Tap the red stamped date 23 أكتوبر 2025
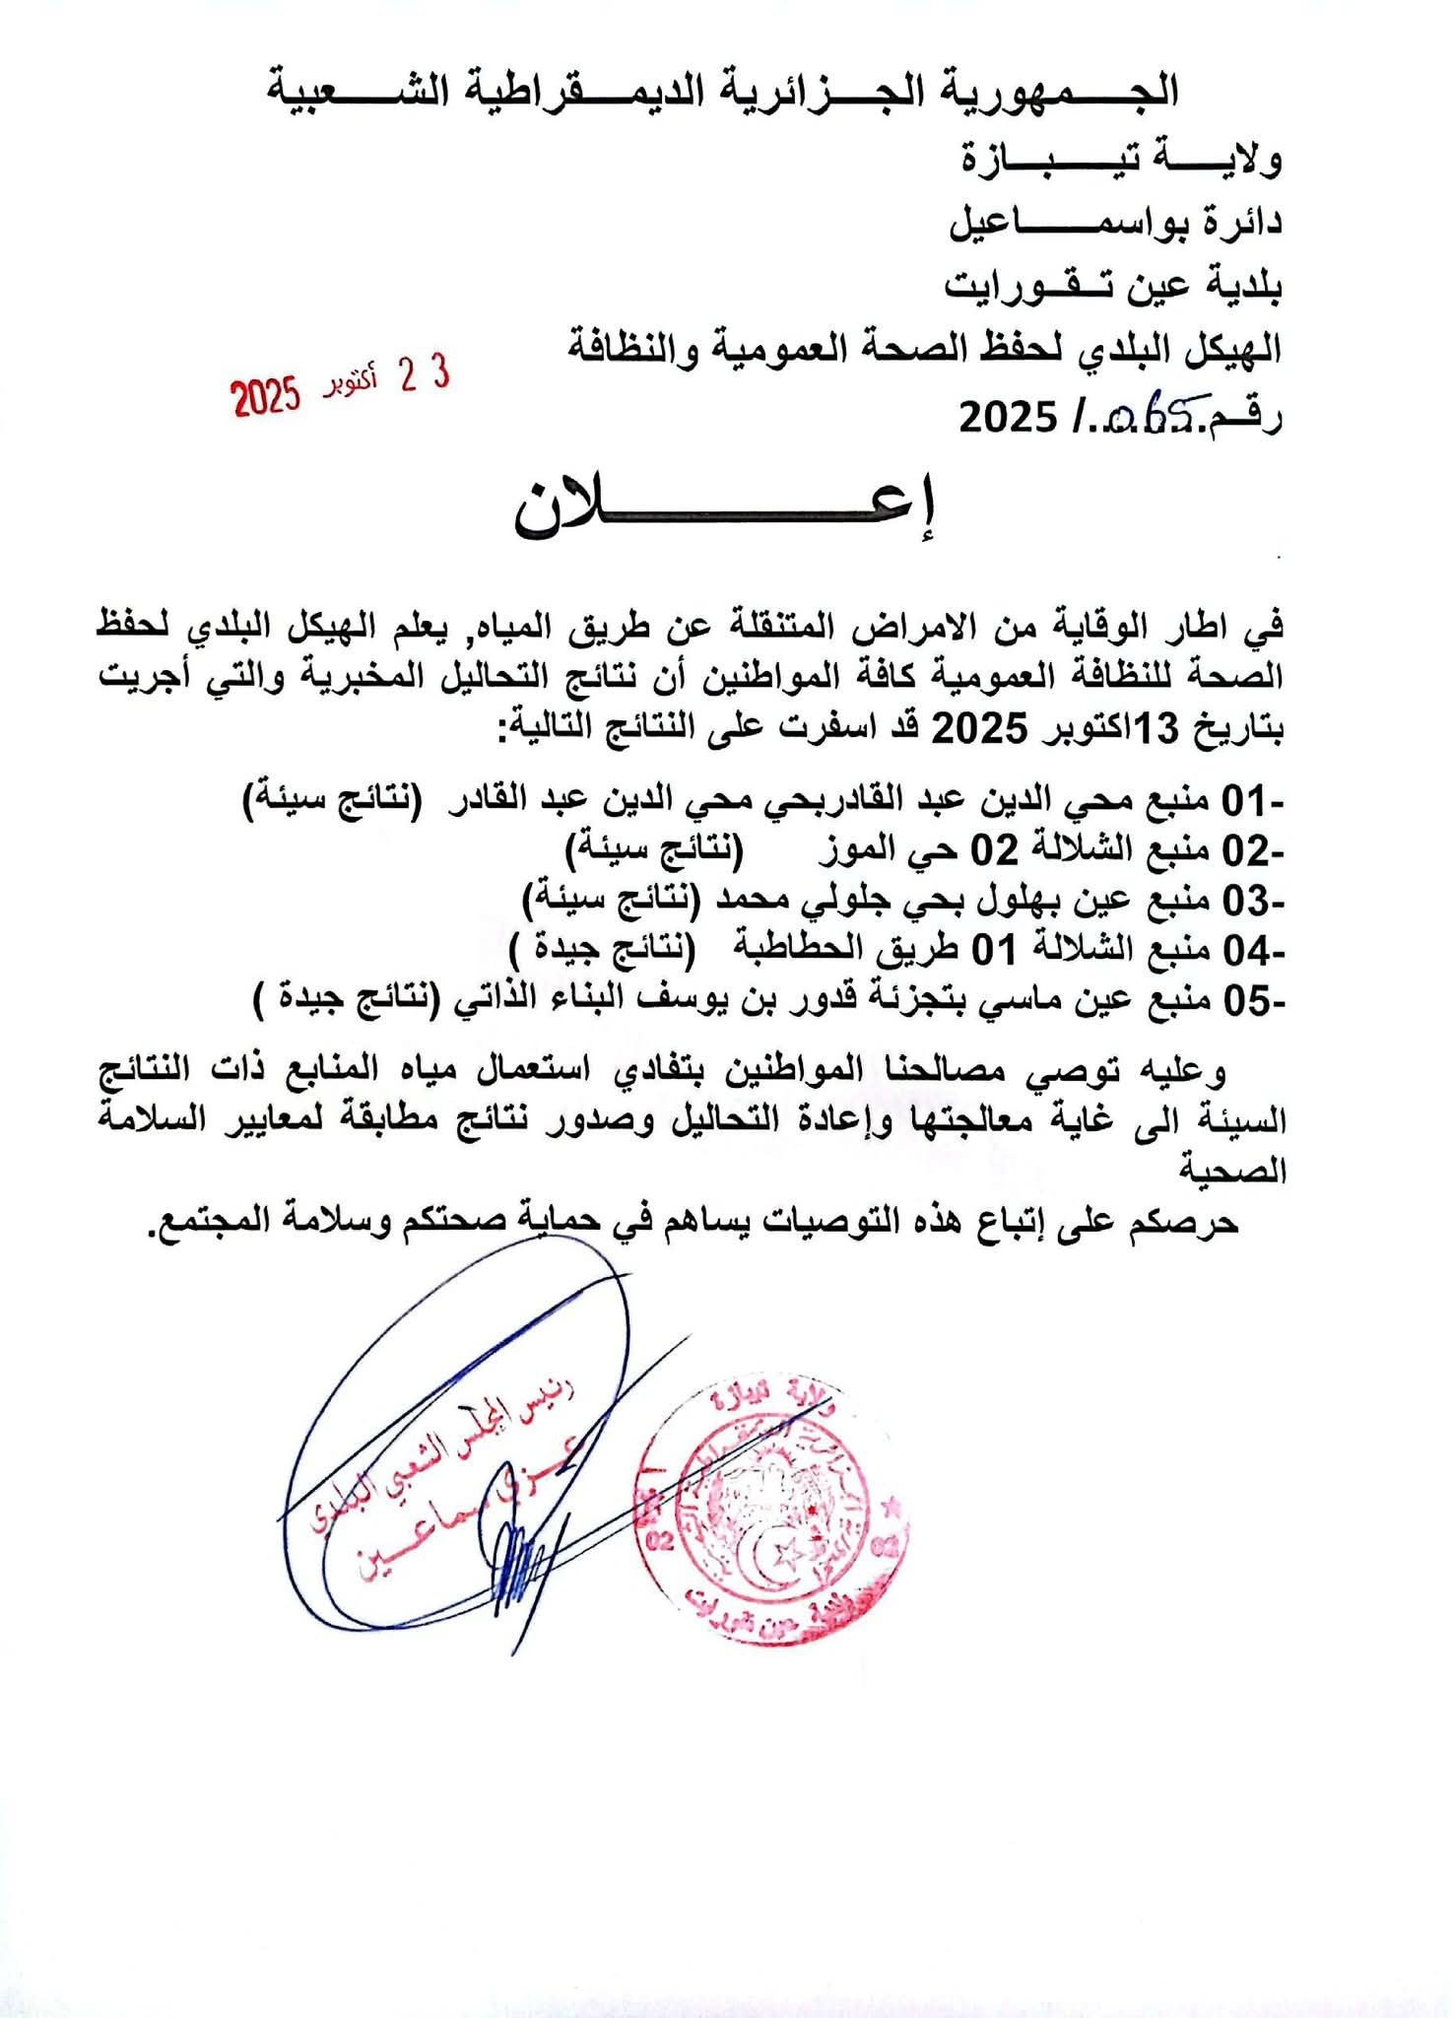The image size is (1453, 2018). click(x=341, y=386)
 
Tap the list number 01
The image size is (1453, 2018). click(x=1243, y=799)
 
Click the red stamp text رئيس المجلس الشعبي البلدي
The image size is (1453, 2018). click(x=443, y=1458)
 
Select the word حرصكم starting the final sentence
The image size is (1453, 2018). click(x=1190, y=1223)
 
